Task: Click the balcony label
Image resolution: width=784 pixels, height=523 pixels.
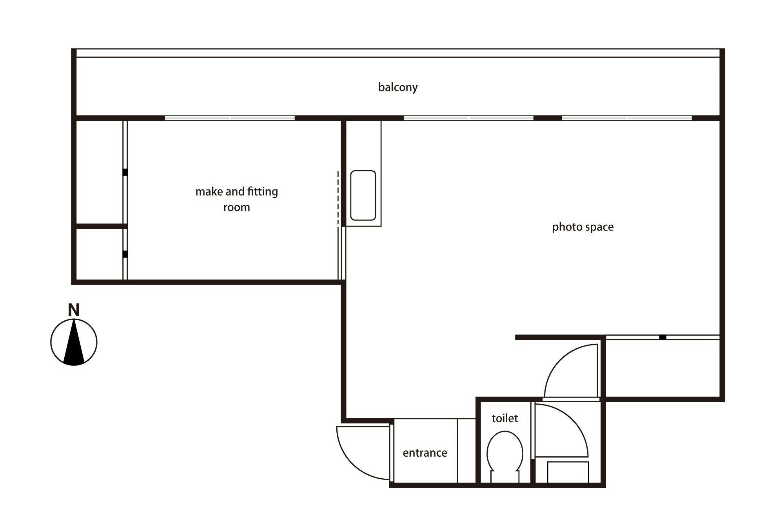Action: [398, 87]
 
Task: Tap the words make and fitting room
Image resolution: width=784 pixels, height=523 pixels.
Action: [237, 199]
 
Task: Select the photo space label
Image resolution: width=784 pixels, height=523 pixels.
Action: [583, 227]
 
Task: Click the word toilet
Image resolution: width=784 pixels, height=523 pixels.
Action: [505, 418]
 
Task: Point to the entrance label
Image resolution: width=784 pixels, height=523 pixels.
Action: [425, 453]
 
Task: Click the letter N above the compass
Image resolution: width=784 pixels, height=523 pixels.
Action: [74, 310]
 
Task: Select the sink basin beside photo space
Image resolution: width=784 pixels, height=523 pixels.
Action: [363, 195]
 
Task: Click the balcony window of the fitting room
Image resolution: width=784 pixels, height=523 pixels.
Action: [230, 118]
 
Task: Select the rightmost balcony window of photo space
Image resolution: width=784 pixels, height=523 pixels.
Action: [627, 118]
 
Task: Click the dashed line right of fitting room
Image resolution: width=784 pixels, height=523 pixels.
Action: [338, 198]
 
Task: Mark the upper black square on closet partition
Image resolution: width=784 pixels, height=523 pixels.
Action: [125, 172]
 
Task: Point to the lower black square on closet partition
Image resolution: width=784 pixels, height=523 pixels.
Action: [125, 254]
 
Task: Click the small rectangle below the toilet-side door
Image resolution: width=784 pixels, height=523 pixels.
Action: [568, 473]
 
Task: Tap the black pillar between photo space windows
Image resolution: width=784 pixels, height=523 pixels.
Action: [548, 118]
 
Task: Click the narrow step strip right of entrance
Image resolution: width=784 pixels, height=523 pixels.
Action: [466, 450]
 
